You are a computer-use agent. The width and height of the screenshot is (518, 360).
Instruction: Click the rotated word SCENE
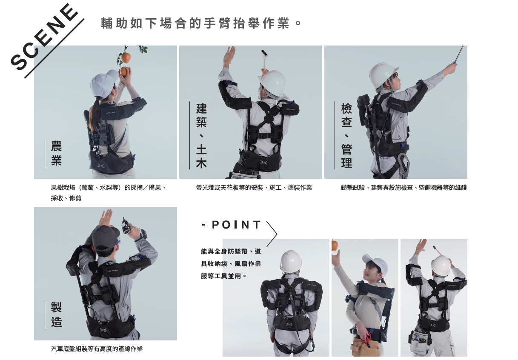click(44, 37)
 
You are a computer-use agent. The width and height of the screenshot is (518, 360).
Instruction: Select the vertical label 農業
click(56, 154)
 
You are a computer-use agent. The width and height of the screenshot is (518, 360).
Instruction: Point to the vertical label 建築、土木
click(201, 136)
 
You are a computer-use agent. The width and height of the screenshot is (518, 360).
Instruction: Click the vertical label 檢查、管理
click(346, 136)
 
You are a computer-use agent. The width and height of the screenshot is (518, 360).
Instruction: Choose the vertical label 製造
click(56, 315)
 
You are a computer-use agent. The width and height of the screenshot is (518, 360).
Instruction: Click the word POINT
click(237, 225)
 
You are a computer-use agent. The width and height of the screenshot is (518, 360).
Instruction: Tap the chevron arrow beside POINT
click(272, 234)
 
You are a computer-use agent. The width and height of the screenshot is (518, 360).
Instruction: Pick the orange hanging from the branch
click(126, 57)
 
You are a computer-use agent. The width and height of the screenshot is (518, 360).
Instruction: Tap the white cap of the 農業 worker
click(104, 84)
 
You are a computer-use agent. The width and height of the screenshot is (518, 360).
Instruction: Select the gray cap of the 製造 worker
click(105, 237)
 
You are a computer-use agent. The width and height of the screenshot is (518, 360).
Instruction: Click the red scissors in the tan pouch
click(366, 338)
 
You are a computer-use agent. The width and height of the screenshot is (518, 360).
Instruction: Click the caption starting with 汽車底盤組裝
click(97, 349)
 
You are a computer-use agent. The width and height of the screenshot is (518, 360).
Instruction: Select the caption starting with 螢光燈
click(254, 188)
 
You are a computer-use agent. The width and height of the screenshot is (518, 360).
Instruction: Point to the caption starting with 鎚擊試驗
click(404, 188)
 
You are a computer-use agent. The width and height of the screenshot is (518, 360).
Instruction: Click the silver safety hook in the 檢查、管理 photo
click(404, 163)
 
